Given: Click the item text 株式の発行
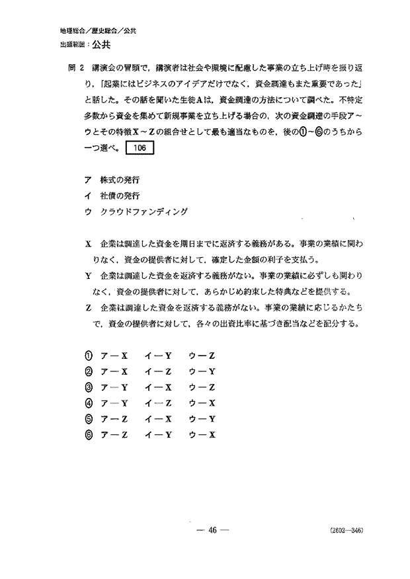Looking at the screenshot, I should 120,180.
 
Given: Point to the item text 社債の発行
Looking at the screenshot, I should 120,196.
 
